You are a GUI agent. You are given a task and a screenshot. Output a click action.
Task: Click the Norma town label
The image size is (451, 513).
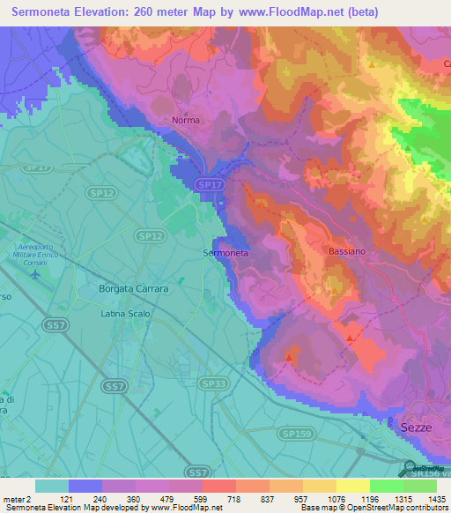pyautogui.click(x=185, y=120)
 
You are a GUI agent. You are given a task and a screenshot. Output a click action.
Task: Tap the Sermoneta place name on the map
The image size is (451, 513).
pyautogui.click(x=226, y=253)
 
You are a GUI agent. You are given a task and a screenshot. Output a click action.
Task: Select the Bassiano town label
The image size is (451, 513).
pyautogui.click(x=348, y=251)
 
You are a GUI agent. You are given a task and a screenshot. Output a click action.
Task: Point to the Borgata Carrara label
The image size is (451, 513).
pyautogui.click(x=134, y=288)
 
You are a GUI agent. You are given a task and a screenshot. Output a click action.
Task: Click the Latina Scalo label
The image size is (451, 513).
pyautogui.click(x=126, y=314)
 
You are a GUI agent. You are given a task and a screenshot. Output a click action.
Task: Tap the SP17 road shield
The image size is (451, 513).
pyautogui.click(x=206, y=184)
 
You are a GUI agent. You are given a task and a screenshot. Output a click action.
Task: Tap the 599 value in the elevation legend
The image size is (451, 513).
pyautogui.click(x=202, y=499)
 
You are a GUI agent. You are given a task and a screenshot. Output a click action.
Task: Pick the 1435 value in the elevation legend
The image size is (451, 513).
pyautogui.click(x=436, y=499)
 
